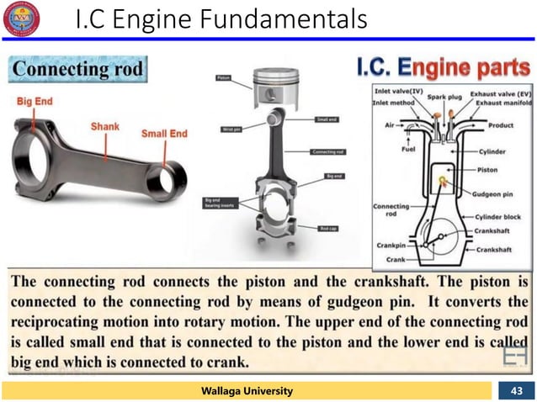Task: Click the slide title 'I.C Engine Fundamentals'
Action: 221,19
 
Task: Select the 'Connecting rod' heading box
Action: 77,67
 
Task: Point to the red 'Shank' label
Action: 105,126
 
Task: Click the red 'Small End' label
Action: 165,133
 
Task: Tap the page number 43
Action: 515,390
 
